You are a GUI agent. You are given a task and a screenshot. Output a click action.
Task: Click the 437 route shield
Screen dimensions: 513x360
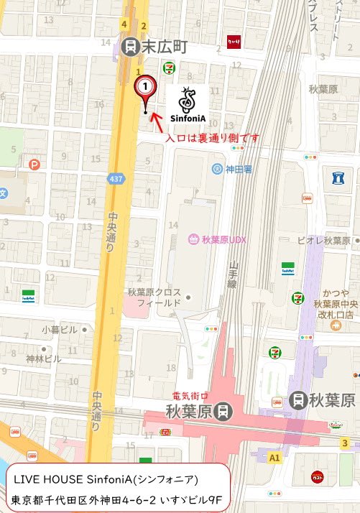click(115, 178)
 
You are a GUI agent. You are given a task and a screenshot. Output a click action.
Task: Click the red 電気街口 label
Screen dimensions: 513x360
click(190, 396)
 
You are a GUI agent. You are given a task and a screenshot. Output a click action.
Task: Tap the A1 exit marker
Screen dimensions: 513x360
click(274, 457)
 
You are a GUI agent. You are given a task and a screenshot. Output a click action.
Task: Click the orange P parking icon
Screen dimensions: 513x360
click(34, 165)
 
